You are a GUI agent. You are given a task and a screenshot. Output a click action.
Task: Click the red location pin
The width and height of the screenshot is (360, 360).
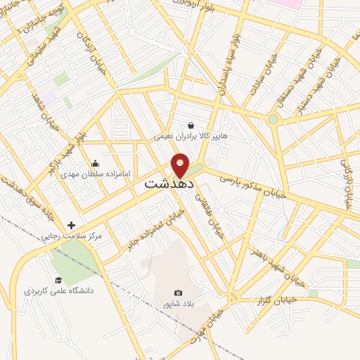pyautogui.click(x=181, y=165)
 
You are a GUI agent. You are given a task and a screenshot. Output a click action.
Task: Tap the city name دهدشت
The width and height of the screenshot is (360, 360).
pyautogui.click(x=169, y=184)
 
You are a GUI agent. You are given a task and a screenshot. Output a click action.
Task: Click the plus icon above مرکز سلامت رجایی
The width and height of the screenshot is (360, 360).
pyautogui.click(x=71, y=225)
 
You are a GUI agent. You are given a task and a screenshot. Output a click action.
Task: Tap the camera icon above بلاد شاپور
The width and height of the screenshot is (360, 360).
pyautogui.click(x=178, y=292)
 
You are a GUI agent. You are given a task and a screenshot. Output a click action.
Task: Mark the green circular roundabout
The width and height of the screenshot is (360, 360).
pyautogui.click(x=273, y=119)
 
